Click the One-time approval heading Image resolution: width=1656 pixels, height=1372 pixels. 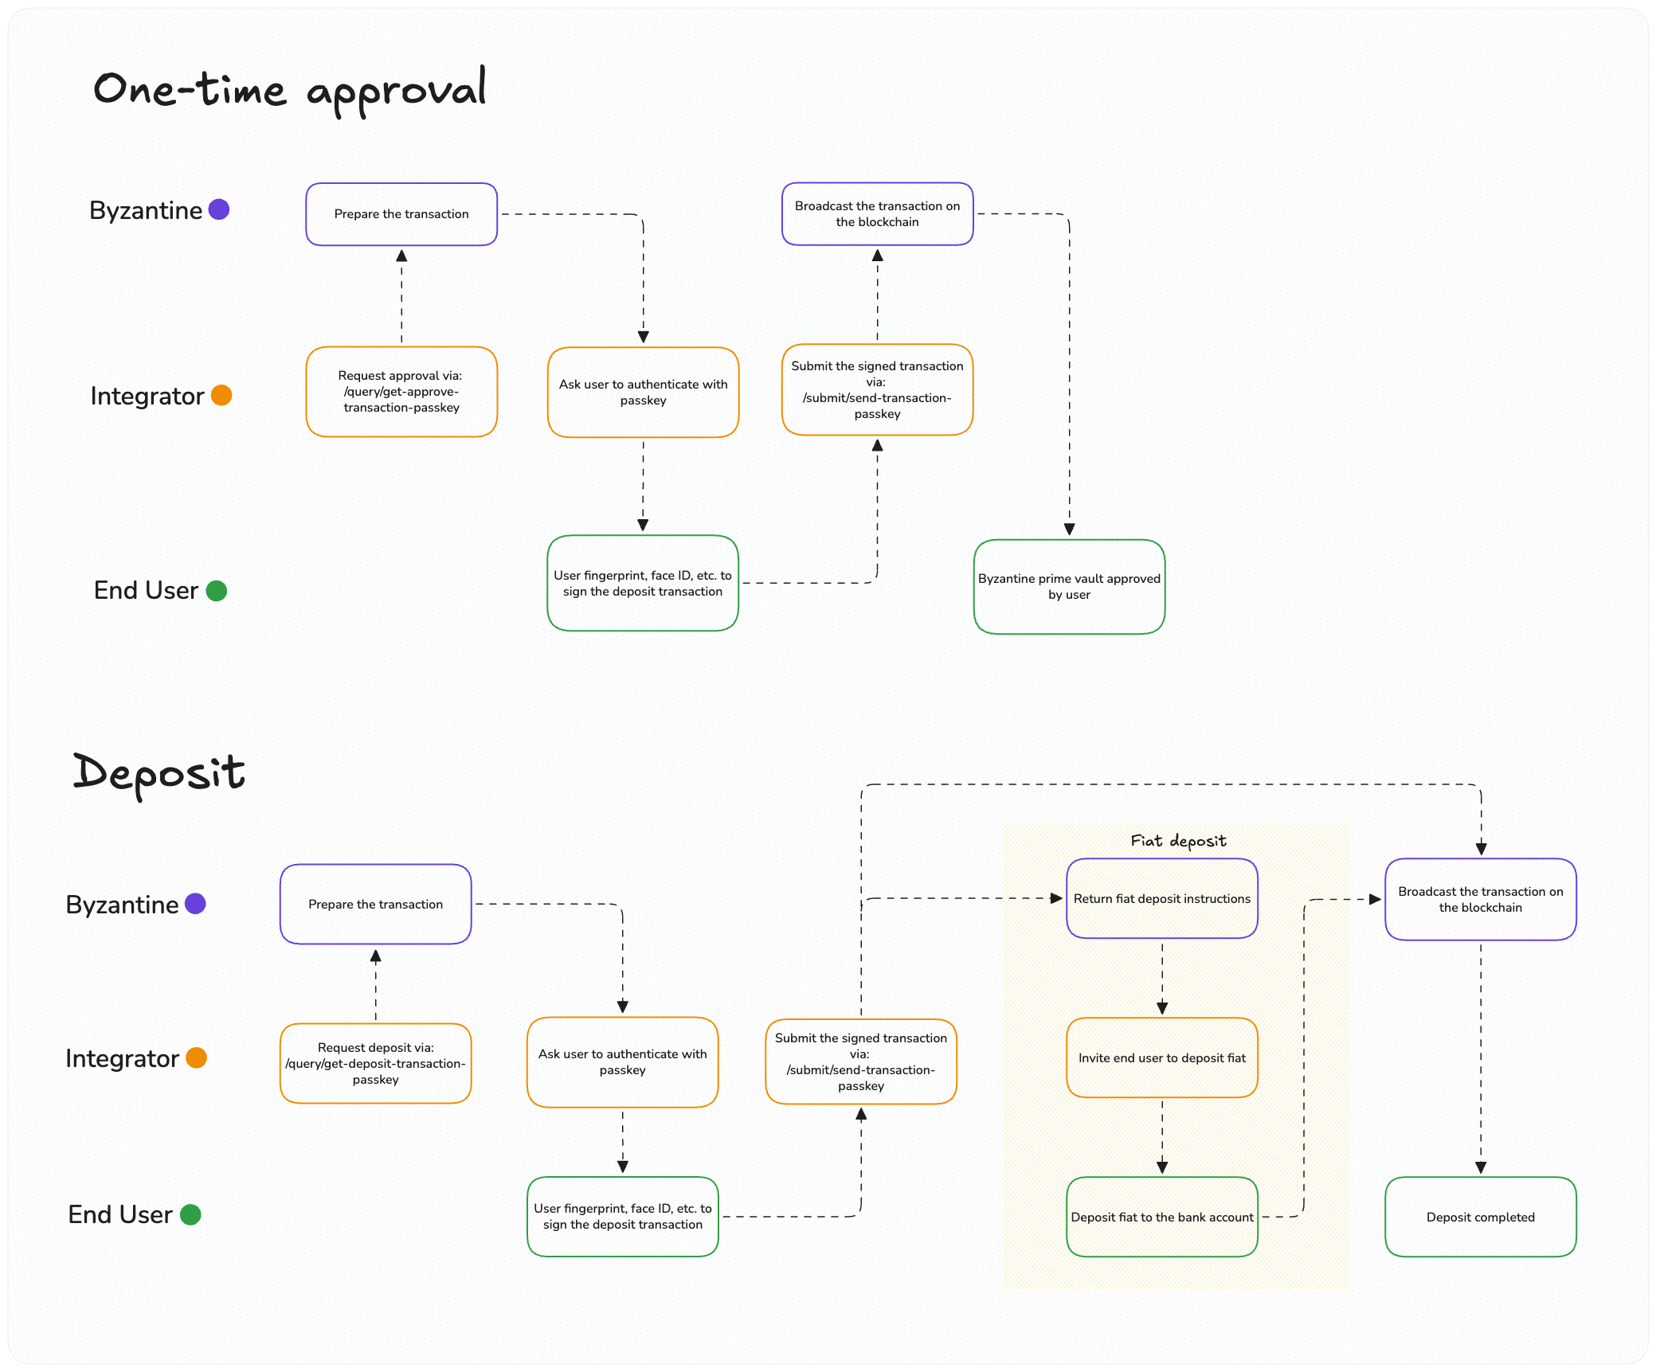[289, 89]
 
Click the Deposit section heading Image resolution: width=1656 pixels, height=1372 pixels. [159, 773]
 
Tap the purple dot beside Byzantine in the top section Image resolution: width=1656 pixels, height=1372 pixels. [219, 209]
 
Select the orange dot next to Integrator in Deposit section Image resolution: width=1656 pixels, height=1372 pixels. [196, 1057]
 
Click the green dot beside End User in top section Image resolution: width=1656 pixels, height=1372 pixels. [217, 590]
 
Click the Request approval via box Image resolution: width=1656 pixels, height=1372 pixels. [401, 392]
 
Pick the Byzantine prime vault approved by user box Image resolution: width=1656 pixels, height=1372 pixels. [1069, 587]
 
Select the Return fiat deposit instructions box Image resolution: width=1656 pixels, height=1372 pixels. [1161, 898]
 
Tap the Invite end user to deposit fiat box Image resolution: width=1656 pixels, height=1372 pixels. [1161, 1057]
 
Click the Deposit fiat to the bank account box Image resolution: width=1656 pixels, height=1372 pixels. [1161, 1217]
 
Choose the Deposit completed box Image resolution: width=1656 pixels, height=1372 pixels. [1480, 1217]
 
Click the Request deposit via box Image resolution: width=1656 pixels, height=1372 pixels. [375, 1063]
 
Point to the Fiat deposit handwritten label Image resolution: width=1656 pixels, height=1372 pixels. [1178, 841]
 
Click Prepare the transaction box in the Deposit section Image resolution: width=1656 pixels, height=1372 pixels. [375, 904]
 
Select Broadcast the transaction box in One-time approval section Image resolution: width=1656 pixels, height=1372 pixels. [877, 213]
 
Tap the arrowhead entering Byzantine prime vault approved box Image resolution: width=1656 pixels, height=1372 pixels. [1069, 530]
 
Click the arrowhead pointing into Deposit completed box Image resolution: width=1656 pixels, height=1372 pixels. [1480, 1167]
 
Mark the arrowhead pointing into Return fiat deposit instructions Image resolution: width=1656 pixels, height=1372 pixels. [1056, 898]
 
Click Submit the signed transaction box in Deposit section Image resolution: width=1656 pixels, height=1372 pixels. [860, 1061]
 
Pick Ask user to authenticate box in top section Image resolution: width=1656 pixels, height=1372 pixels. [643, 392]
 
